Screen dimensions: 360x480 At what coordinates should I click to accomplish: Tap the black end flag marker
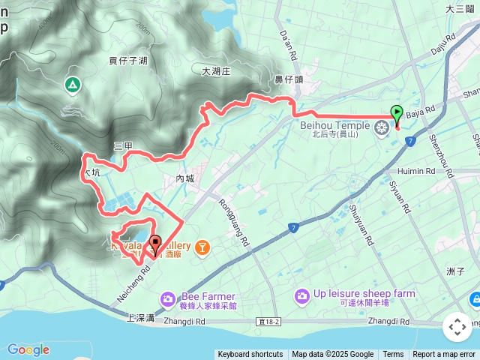(x=155, y=244)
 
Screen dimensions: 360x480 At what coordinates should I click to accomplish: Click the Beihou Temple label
(x=335, y=125)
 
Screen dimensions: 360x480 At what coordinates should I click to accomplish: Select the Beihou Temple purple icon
(x=382, y=128)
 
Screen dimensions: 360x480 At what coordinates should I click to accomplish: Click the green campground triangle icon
(x=72, y=85)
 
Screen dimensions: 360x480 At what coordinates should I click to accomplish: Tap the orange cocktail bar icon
(x=202, y=247)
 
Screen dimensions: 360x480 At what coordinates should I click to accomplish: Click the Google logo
(x=28, y=349)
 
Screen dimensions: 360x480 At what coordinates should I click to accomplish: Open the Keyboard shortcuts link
(x=250, y=355)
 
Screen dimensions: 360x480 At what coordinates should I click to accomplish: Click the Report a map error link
(x=444, y=355)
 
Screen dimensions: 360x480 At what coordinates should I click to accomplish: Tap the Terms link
(x=393, y=355)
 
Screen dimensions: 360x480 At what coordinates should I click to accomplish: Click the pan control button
(x=457, y=327)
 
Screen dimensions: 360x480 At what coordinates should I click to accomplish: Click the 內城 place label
(x=184, y=178)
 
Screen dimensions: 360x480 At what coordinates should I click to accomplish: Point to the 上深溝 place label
(x=141, y=318)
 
